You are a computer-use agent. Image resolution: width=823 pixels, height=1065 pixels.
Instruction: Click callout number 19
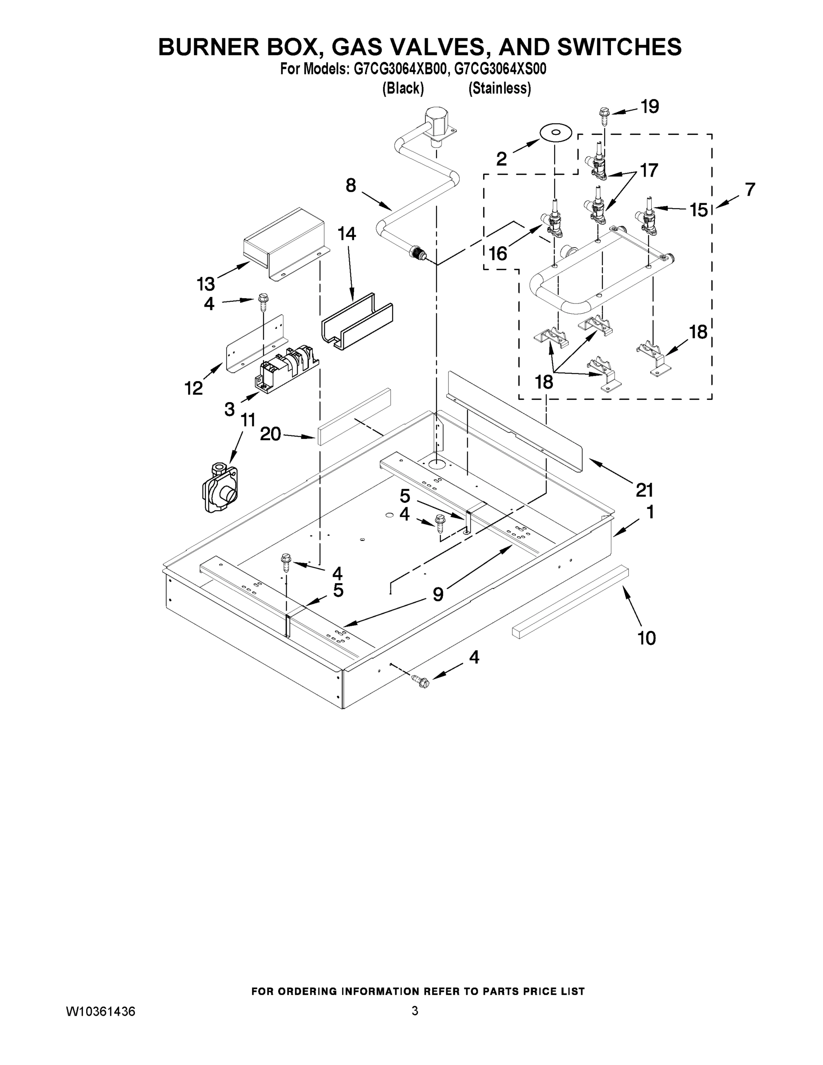[x=650, y=106]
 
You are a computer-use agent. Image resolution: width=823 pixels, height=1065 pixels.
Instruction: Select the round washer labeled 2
[x=555, y=133]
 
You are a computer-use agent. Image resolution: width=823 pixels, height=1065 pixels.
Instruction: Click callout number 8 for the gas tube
[x=350, y=185]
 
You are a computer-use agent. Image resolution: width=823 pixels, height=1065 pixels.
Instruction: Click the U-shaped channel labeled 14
[x=358, y=322]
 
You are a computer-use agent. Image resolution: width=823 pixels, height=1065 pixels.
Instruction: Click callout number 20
[x=270, y=434]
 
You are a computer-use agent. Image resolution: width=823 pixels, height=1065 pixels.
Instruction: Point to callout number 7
[x=750, y=189]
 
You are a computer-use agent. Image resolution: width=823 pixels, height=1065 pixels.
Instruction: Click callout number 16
[x=498, y=253]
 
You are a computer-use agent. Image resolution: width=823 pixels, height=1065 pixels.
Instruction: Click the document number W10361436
[x=100, y=1011]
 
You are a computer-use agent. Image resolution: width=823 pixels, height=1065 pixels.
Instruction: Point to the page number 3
[x=414, y=1011]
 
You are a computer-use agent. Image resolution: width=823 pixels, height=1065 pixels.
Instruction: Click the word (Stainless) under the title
[x=499, y=88]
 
